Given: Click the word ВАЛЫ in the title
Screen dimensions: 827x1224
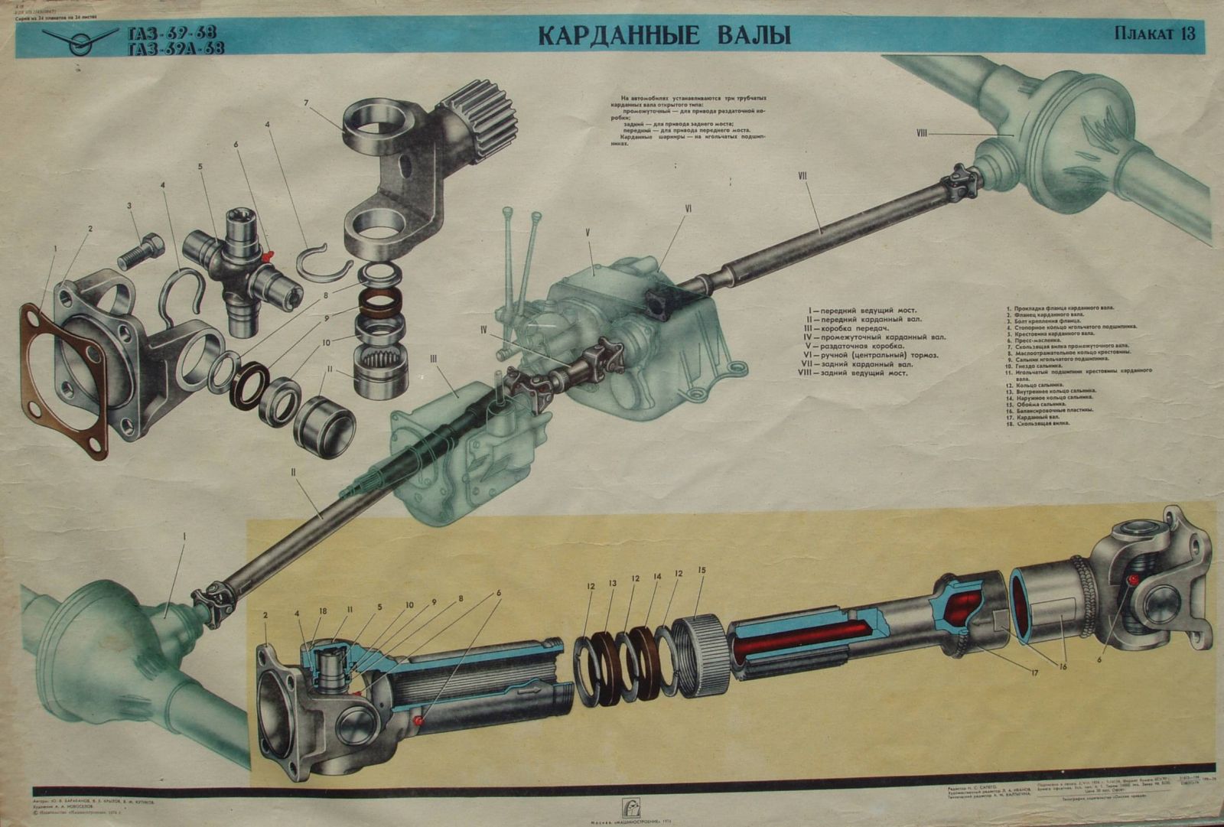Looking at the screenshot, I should click(x=745, y=36).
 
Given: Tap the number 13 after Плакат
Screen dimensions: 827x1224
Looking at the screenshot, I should click(x=1186, y=34).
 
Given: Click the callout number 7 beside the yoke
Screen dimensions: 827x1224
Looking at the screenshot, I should click(x=305, y=103).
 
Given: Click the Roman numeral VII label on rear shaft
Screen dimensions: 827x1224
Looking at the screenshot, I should click(x=802, y=176).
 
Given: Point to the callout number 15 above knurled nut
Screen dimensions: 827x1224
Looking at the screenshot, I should click(x=702, y=571).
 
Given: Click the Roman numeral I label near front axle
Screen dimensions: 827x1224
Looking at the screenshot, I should click(x=184, y=537).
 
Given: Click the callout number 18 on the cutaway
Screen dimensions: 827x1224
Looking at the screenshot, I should click(x=324, y=610).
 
